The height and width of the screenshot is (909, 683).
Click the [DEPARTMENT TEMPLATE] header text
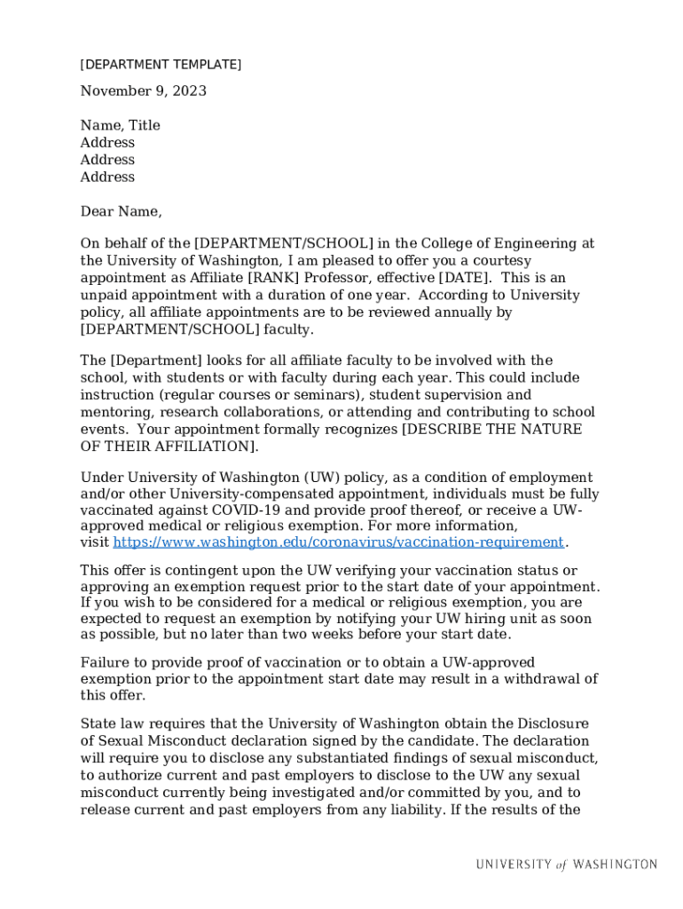click(161, 65)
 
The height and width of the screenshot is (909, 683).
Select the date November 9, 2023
click(143, 91)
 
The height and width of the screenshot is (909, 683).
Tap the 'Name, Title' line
click(120, 126)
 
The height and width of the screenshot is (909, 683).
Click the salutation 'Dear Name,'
click(121, 212)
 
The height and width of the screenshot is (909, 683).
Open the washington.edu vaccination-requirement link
click(338, 542)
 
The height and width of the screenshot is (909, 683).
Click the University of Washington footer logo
click(566, 865)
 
